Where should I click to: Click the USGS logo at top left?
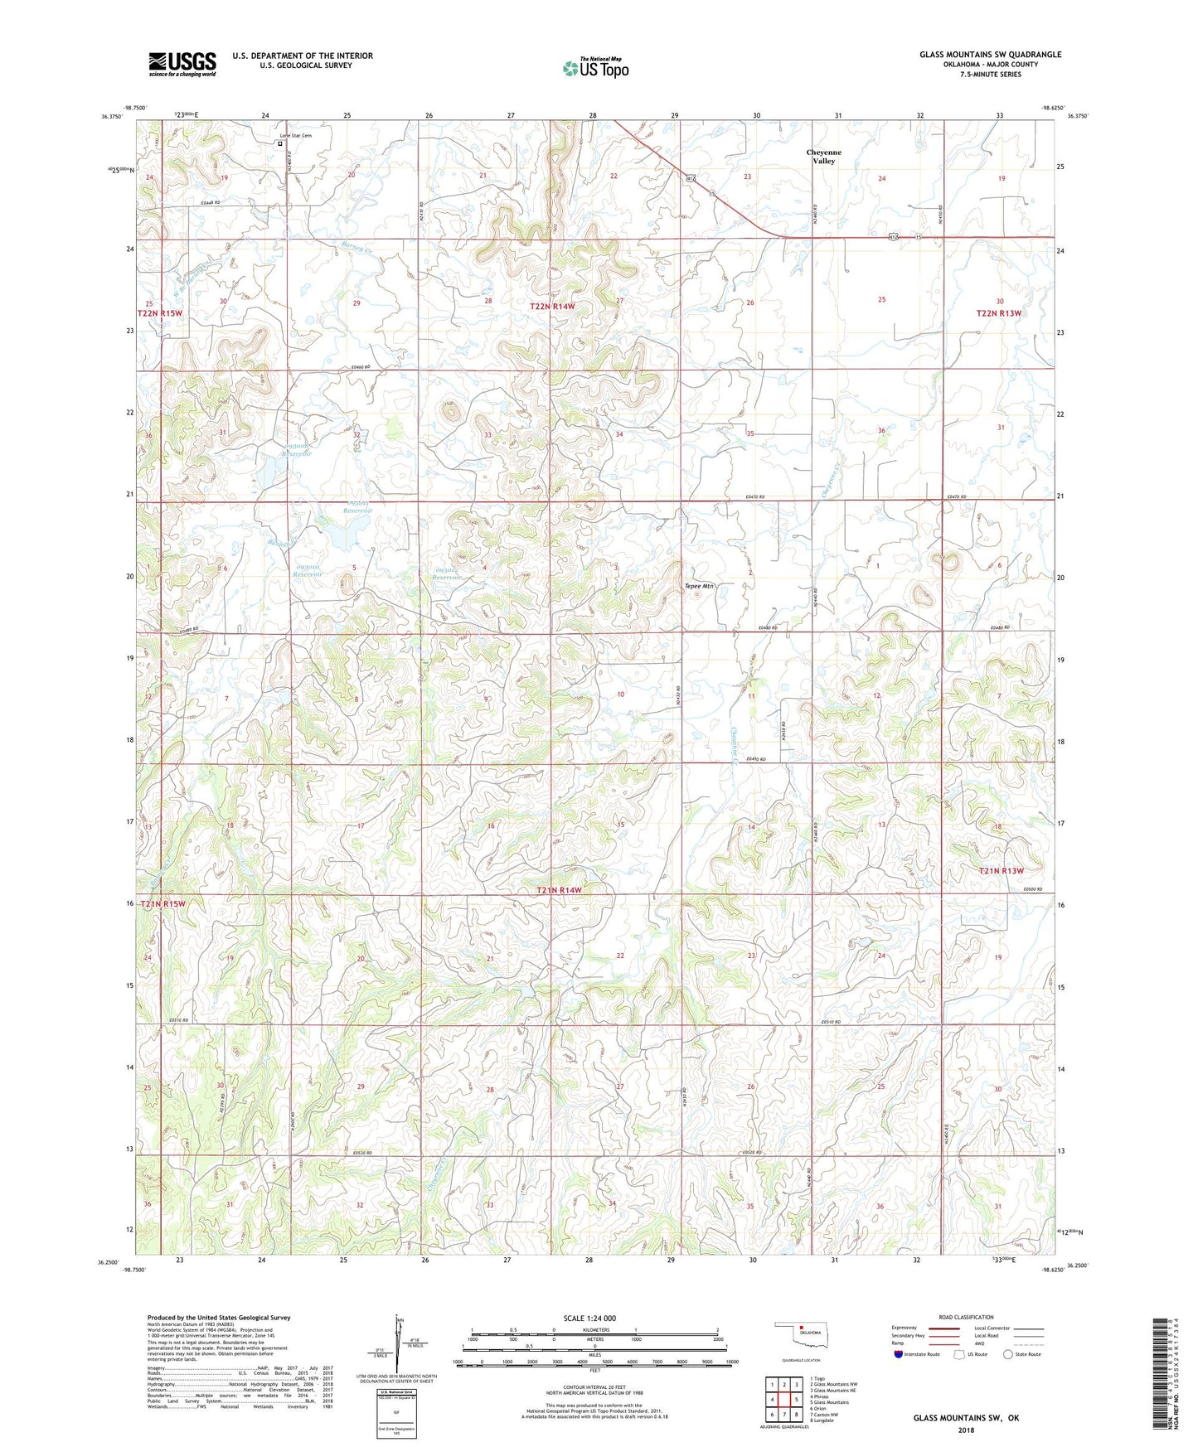(182, 64)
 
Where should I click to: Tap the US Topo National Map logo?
(595, 67)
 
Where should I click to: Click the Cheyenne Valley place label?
(823, 157)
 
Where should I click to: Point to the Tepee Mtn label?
(698, 586)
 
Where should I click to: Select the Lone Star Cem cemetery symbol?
(280, 143)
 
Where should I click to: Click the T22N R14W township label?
(552, 307)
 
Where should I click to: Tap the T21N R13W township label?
(1001, 871)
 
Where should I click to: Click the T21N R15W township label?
(163, 903)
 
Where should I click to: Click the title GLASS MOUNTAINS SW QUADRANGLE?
(989, 55)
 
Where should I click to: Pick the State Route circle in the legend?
(1008, 1354)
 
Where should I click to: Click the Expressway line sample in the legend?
(943, 1328)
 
